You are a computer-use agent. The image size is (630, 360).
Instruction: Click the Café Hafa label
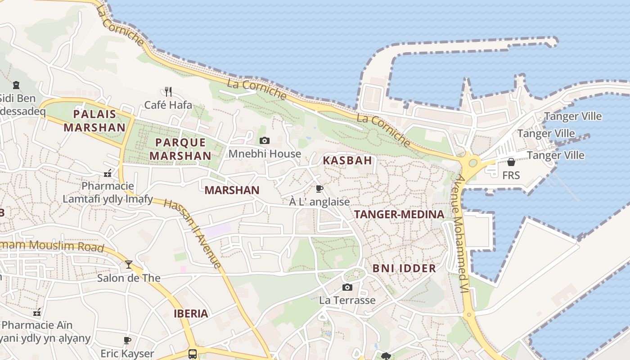(x=168, y=105)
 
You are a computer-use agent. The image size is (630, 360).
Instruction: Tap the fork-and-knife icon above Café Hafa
(x=168, y=92)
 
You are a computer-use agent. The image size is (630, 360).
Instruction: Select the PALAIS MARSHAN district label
(x=94, y=121)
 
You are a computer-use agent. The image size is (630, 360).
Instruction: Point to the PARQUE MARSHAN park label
(x=180, y=149)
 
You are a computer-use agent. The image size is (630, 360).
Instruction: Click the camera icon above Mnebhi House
(x=265, y=141)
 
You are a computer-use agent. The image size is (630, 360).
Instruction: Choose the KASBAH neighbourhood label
(x=347, y=160)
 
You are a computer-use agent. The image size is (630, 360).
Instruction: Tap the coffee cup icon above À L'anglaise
(x=319, y=189)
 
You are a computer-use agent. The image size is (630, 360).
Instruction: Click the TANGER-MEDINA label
(x=399, y=215)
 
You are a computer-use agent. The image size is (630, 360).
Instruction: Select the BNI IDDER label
(x=404, y=269)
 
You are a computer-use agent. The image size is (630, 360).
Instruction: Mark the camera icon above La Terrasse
(x=347, y=287)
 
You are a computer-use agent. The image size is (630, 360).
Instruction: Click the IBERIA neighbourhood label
(x=191, y=314)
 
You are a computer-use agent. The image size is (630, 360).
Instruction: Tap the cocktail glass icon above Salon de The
(x=129, y=265)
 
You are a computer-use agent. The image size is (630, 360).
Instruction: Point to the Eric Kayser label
(x=127, y=354)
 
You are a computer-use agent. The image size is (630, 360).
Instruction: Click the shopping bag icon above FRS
(x=511, y=162)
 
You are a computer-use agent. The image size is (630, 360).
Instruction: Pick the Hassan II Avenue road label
(x=193, y=234)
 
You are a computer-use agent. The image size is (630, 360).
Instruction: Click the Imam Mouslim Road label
(x=52, y=246)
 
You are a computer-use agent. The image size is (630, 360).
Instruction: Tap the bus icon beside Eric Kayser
(x=193, y=354)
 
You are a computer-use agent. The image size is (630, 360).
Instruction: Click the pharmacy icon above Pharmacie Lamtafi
(x=108, y=173)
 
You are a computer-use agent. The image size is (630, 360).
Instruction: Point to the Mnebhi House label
(x=265, y=154)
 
